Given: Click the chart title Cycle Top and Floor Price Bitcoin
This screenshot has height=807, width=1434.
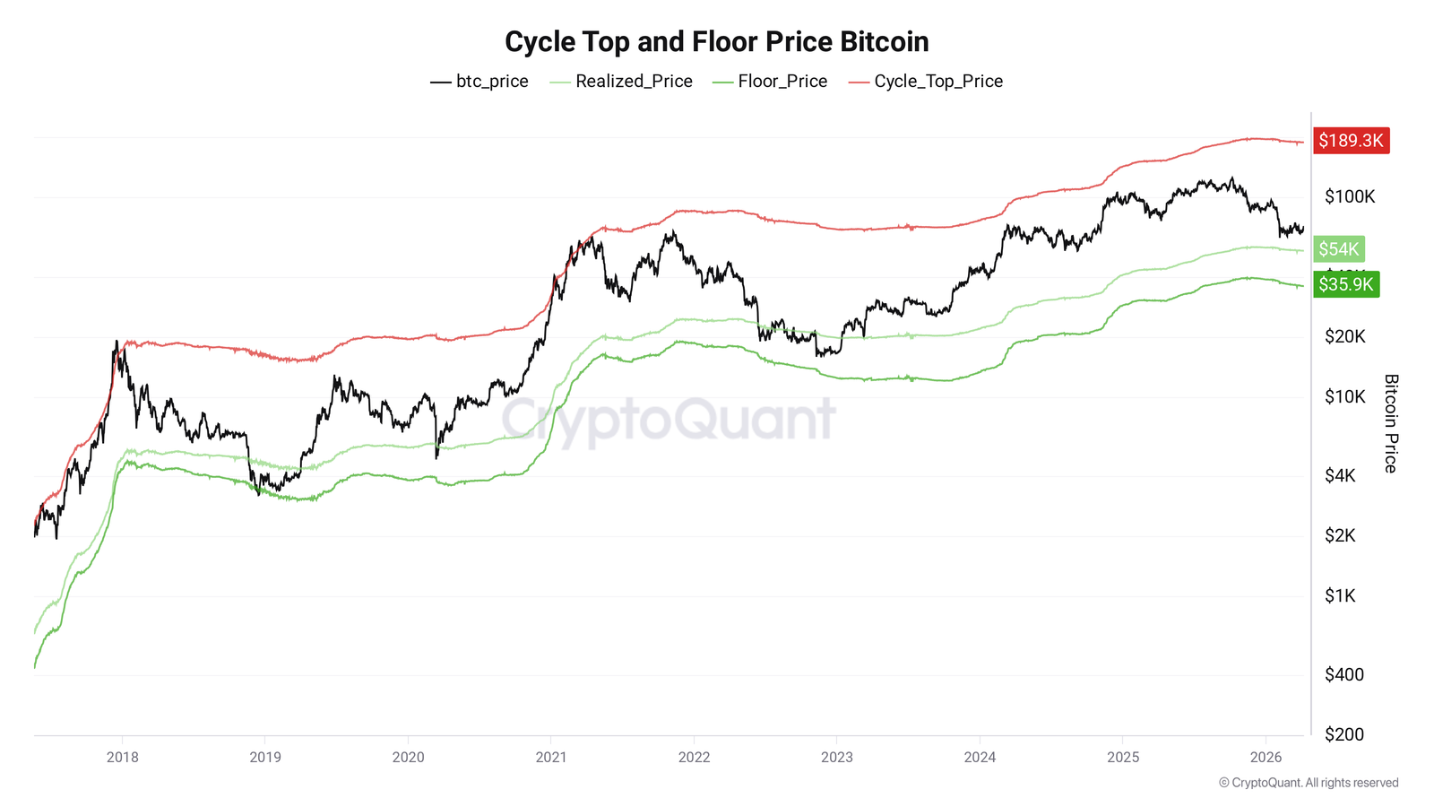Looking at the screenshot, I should pyautogui.click(x=716, y=41).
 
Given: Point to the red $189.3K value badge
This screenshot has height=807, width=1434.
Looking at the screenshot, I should pyautogui.click(x=1351, y=141).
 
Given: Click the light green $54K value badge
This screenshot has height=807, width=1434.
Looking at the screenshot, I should pyautogui.click(x=1338, y=249).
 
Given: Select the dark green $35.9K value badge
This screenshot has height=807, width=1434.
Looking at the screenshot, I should pyautogui.click(x=1345, y=284).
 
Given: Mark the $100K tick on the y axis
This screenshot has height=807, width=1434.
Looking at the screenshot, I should pyautogui.click(x=1349, y=197).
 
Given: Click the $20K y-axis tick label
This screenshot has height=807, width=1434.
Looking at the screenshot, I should pyautogui.click(x=1344, y=337).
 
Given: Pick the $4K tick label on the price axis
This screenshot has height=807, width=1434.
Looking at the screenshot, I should pyautogui.click(x=1340, y=476).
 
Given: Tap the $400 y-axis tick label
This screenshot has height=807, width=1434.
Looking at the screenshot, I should pyautogui.click(x=1343, y=675).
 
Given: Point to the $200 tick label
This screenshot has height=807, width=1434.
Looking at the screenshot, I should pyautogui.click(x=1343, y=735).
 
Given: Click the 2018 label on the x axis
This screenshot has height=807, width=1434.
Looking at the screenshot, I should pyautogui.click(x=123, y=758).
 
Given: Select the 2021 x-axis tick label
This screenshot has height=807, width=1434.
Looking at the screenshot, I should pyautogui.click(x=551, y=758).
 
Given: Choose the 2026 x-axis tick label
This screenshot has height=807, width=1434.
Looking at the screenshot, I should pyautogui.click(x=1266, y=758).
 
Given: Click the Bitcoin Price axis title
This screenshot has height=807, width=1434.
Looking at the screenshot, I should pyautogui.click(x=1390, y=423).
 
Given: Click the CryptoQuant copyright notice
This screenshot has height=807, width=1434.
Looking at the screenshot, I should pyautogui.click(x=1308, y=783).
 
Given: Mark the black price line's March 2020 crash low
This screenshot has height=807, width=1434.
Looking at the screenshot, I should pyautogui.click(x=436, y=457).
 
